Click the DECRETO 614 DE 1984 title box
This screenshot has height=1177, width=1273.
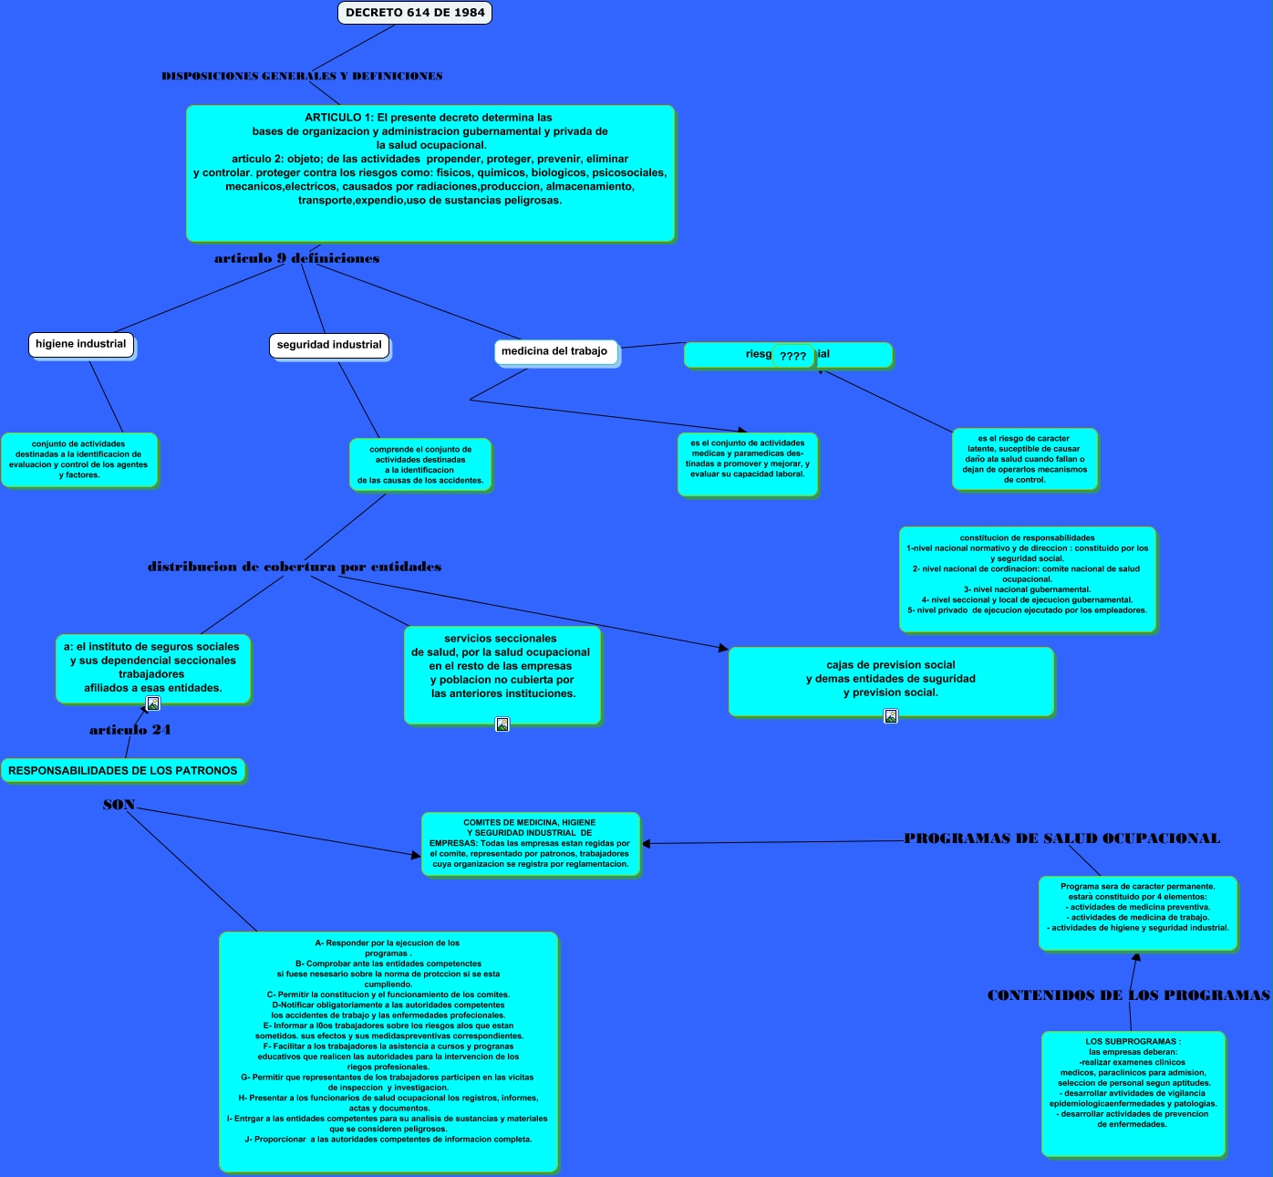[x=415, y=13]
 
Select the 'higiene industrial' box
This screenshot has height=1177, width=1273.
[x=81, y=344]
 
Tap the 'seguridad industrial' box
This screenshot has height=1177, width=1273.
[x=329, y=345]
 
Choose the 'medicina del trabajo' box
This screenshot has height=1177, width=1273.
[x=554, y=351]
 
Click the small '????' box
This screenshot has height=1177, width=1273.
[x=793, y=357]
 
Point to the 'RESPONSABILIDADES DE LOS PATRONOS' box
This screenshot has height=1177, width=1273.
[x=123, y=771]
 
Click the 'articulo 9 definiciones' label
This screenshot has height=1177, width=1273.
[x=296, y=258]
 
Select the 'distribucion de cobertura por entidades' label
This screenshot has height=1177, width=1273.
[x=295, y=567]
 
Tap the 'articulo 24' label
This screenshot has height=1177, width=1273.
[x=129, y=730]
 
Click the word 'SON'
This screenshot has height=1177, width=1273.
[x=119, y=805]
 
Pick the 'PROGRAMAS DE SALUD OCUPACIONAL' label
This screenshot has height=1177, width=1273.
[x=1061, y=838]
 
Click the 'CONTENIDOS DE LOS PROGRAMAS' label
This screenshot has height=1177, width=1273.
[x=1128, y=995]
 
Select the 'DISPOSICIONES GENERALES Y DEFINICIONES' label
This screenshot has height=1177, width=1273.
[x=302, y=77]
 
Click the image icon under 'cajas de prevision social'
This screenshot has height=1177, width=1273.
[x=891, y=716]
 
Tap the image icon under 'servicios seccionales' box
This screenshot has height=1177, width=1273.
[x=502, y=724]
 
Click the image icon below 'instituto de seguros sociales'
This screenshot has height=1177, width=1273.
[x=153, y=703]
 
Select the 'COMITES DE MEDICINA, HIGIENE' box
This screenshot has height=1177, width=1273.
[x=531, y=844]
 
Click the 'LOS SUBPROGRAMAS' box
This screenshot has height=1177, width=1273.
[x=1133, y=1093]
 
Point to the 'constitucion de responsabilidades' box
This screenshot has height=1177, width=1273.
[x=1027, y=578]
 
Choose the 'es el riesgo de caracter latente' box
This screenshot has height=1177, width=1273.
[x=1024, y=459]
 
